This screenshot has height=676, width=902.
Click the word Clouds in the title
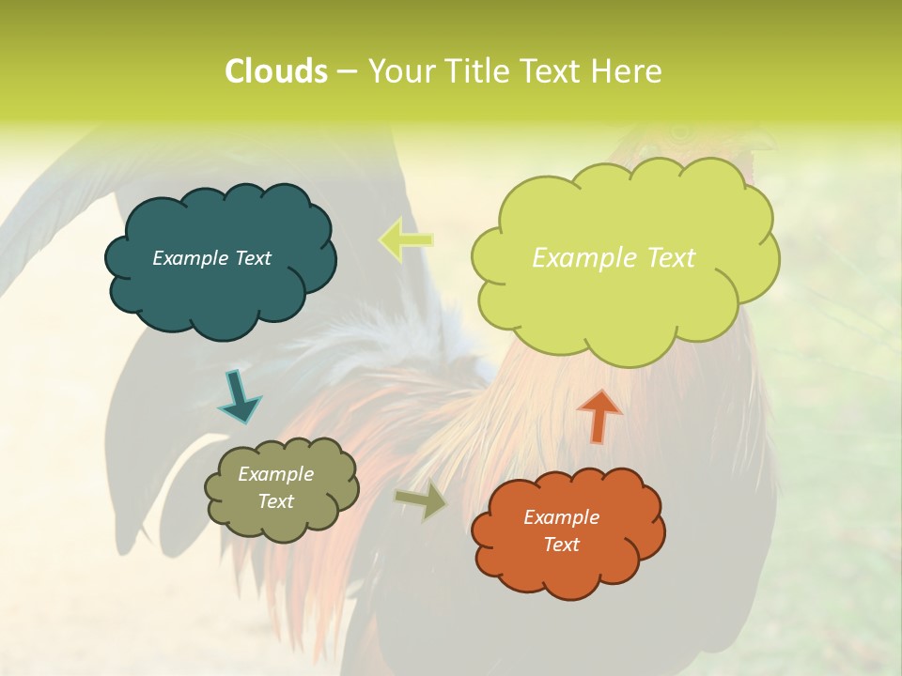tap(275, 71)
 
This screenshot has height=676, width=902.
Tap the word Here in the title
tap(627, 71)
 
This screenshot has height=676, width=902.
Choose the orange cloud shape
tap(568, 573)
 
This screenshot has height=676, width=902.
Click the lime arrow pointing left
tap(406, 240)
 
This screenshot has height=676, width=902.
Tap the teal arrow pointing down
tap(239, 396)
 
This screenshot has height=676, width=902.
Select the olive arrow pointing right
tap(421, 499)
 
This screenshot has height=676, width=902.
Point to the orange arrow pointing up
tap(599, 415)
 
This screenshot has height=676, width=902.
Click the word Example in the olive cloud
tap(275, 474)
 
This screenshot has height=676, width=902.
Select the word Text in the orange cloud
tap(561, 545)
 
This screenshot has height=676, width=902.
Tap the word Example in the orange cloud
tap(561, 517)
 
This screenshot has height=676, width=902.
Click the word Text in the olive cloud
tap(275, 501)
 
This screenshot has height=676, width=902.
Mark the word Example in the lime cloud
tap(576, 258)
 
